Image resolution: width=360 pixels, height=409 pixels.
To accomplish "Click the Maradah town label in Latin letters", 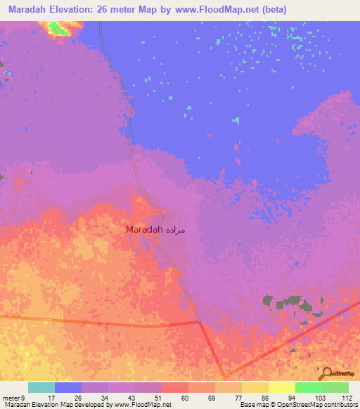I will click(144, 230).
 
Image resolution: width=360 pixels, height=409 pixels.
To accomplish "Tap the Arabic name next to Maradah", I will click(176, 230).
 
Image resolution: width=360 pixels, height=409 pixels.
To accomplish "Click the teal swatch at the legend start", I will click(41, 387).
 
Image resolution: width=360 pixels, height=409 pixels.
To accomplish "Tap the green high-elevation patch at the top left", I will click(59, 29).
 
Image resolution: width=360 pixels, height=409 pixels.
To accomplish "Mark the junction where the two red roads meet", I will click(200, 323).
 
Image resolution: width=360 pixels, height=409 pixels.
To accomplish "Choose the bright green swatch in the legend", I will click(308, 387).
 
